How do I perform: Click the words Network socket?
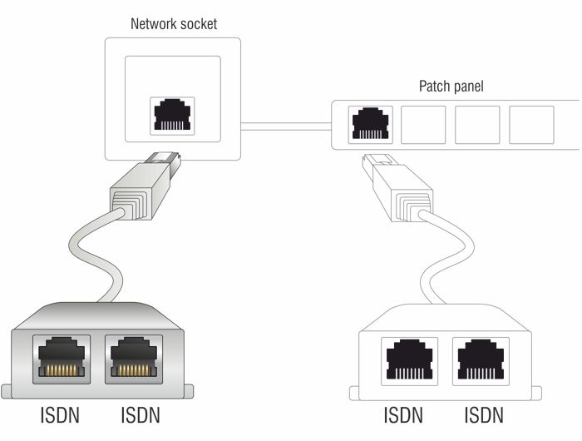click(x=173, y=23)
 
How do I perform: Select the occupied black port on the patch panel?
click(x=367, y=124)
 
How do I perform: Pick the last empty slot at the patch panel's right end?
click(x=530, y=124)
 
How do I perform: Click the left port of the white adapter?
click(x=407, y=359)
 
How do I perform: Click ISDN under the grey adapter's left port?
click(x=62, y=414)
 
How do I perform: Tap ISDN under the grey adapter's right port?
click(x=140, y=414)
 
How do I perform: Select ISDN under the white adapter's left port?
click(x=403, y=414)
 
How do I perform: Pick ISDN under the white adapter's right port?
click(x=483, y=414)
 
